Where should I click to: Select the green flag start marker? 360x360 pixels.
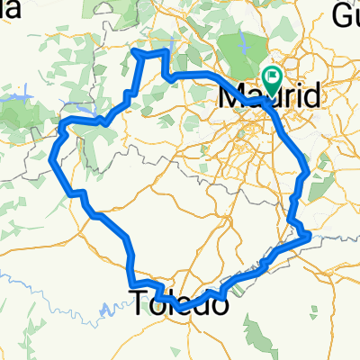click(x=272, y=78)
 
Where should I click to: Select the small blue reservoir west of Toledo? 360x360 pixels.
click(x=106, y=309)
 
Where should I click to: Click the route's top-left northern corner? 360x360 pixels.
click(x=136, y=52)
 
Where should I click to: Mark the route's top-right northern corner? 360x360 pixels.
click(x=167, y=51)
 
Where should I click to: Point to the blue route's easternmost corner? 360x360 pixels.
click(x=310, y=235)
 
